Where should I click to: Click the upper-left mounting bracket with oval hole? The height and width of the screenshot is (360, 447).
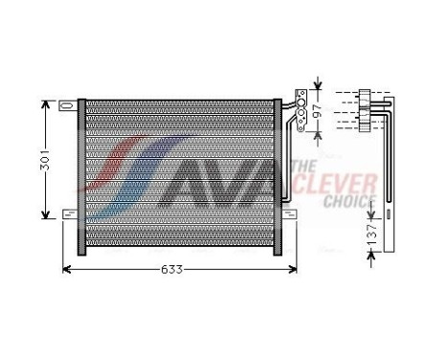pyautogui.click(x=66, y=103)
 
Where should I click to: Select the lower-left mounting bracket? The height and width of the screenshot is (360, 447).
pyautogui.click(x=68, y=213)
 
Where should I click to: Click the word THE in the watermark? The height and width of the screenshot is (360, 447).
pyautogui.click(x=302, y=166)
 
